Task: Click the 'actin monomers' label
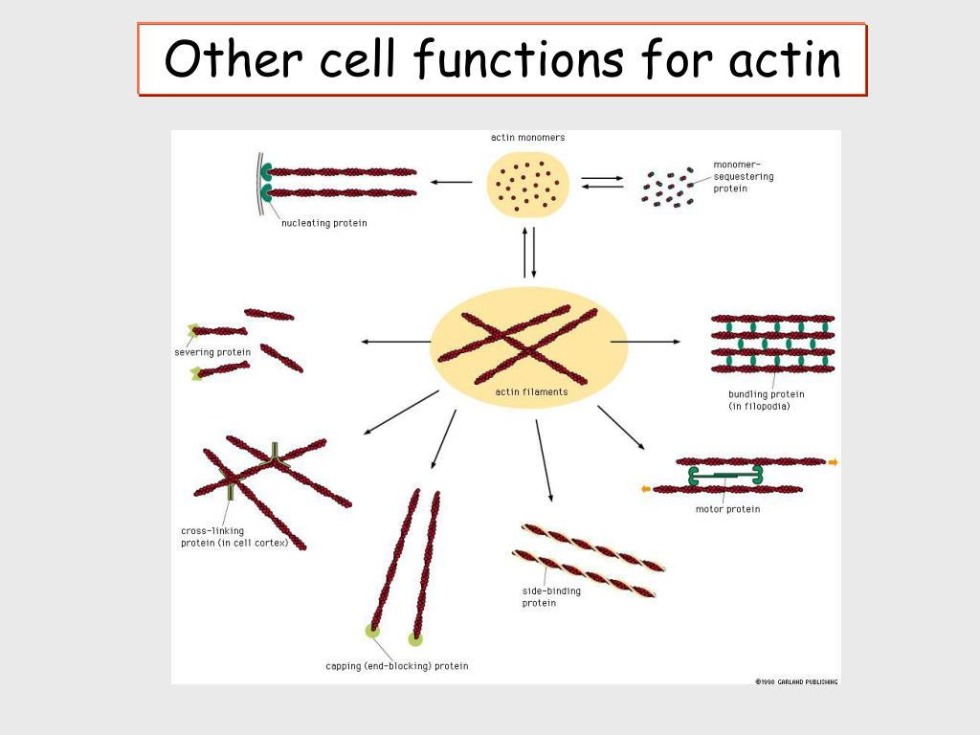[x=527, y=138]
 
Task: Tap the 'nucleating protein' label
[x=323, y=224]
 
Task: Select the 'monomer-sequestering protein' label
[x=744, y=177]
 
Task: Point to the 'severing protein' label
[x=212, y=352]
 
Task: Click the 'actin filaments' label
[x=531, y=391]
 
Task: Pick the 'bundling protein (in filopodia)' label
[x=767, y=400]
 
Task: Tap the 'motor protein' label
[x=727, y=509]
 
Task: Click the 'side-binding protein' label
[x=551, y=597]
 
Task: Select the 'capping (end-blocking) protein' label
[x=396, y=666]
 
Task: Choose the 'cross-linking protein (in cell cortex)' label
[x=234, y=537]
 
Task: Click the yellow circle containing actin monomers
[x=528, y=182]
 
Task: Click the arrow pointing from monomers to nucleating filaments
[x=451, y=182]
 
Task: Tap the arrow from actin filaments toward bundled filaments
[x=659, y=341]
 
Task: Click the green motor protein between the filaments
[x=724, y=475]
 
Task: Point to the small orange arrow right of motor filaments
[x=833, y=462]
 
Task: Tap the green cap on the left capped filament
[x=372, y=631]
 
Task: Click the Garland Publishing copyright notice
[x=796, y=681]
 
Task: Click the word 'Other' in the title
[x=227, y=59]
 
